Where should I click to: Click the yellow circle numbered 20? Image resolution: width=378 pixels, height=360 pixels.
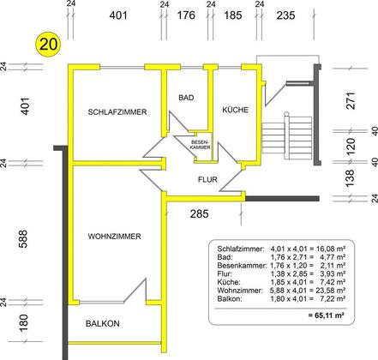click(x=48, y=45)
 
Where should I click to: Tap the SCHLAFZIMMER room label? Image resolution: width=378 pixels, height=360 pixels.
click(x=117, y=112)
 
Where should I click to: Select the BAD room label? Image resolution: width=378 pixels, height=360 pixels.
click(x=186, y=98)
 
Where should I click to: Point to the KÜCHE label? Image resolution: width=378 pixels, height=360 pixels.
click(x=236, y=110)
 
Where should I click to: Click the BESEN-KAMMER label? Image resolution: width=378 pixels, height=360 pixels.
click(x=201, y=145)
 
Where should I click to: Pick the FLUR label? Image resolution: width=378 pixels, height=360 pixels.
click(x=207, y=179)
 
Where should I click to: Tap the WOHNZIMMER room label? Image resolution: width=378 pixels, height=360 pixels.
click(x=114, y=237)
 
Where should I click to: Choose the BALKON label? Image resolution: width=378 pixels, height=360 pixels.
click(x=103, y=323)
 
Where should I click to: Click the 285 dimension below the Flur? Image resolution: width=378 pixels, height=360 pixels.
click(x=200, y=213)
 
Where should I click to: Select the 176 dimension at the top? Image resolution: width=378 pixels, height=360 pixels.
click(x=186, y=15)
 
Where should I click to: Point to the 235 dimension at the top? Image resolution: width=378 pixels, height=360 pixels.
click(x=285, y=15)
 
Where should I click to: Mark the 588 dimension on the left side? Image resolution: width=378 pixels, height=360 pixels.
click(x=23, y=238)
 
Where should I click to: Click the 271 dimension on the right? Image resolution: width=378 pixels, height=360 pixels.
click(x=351, y=100)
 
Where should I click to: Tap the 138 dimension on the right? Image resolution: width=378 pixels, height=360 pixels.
click(x=351, y=178)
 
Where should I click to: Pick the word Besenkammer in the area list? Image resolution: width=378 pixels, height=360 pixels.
click(x=242, y=266)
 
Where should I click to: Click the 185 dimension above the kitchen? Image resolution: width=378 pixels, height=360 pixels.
click(x=233, y=15)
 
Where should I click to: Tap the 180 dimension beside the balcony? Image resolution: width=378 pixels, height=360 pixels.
click(x=23, y=323)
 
